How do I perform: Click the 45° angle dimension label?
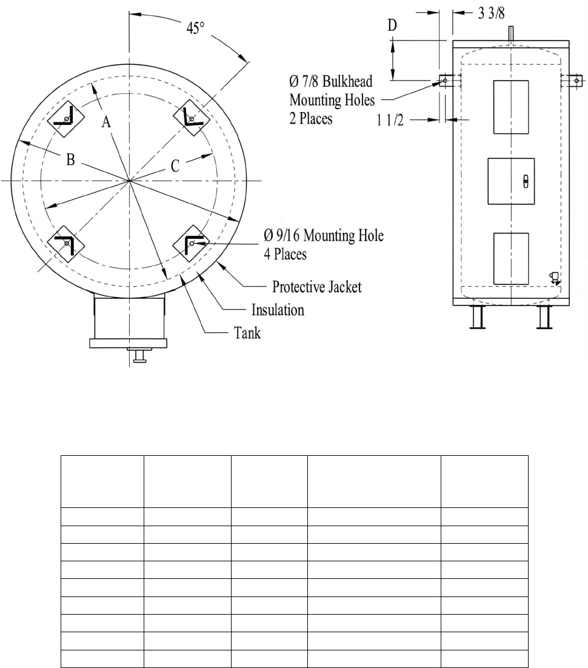click(x=196, y=28)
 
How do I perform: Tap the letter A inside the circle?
click(x=106, y=122)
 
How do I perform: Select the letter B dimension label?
click(x=71, y=160)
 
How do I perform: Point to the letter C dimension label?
click(x=175, y=166)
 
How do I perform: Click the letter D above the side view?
click(x=392, y=25)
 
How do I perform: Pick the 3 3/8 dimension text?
click(x=491, y=13)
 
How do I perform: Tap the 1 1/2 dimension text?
click(x=390, y=120)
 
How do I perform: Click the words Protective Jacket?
click(x=316, y=287)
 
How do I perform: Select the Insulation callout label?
click(x=278, y=310)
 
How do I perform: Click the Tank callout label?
click(x=247, y=333)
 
